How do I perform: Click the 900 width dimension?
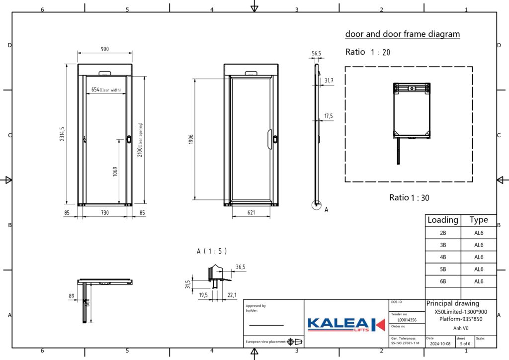coord(105,49)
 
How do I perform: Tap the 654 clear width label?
coord(106,90)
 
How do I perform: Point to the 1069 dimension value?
coord(114,171)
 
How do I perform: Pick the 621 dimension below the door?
coord(251,212)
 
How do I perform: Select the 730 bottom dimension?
coord(104,212)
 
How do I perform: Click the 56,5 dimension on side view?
coord(316,53)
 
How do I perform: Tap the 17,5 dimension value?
coord(329,116)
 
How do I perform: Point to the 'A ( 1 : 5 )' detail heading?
coord(212,252)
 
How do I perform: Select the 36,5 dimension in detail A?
coord(241,267)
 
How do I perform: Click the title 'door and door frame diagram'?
coord(402,34)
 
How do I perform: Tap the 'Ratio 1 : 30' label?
coord(409,197)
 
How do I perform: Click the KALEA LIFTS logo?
coord(346,324)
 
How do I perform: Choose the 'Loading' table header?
coord(443,220)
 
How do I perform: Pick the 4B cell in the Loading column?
coord(443,257)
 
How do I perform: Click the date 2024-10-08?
coord(440,343)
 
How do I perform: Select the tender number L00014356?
coord(407,320)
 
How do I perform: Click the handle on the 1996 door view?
coord(270,138)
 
